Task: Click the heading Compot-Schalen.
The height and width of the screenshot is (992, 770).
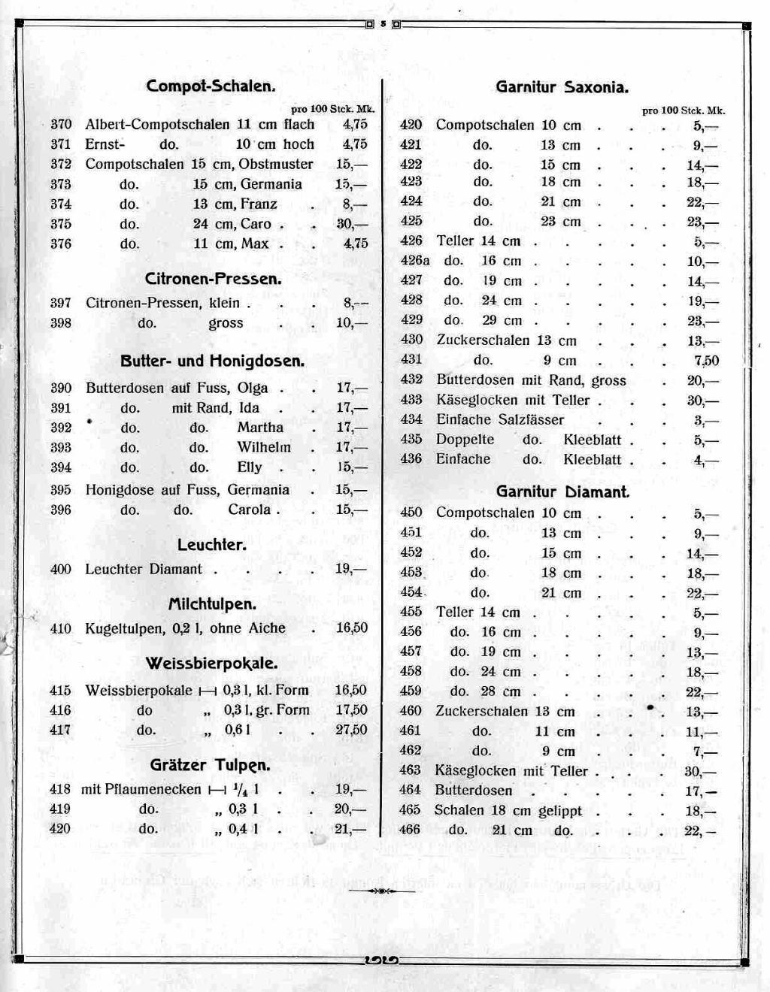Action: tap(211, 86)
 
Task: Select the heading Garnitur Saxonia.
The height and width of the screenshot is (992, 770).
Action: tap(562, 87)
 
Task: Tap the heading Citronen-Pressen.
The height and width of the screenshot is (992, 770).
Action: tap(213, 279)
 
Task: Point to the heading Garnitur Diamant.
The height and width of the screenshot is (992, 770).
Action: tap(562, 492)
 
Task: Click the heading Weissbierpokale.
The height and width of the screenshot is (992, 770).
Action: tap(211, 664)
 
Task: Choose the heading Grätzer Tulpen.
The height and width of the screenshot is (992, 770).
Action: tap(210, 765)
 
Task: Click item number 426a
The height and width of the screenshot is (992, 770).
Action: tap(414, 261)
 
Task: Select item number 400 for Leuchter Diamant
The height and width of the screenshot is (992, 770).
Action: tap(61, 570)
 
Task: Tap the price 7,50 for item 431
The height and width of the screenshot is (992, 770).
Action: tap(706, 361)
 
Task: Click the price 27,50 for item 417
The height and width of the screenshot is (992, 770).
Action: tap(351, 730)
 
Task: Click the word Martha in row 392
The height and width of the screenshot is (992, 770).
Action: tap(260, 428)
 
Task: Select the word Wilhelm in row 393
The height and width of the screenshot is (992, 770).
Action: tap(264, 447)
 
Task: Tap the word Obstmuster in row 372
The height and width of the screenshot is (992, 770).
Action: tap(276, 164)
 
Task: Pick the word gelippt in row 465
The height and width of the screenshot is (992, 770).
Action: tap(559, 811)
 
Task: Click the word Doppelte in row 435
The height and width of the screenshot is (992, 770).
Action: tap(465, 440)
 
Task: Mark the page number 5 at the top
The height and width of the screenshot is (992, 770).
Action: tap(383, 24)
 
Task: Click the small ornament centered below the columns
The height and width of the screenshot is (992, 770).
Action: tap(382, 891)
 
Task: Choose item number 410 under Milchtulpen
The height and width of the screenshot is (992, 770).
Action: tap(61, 628)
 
